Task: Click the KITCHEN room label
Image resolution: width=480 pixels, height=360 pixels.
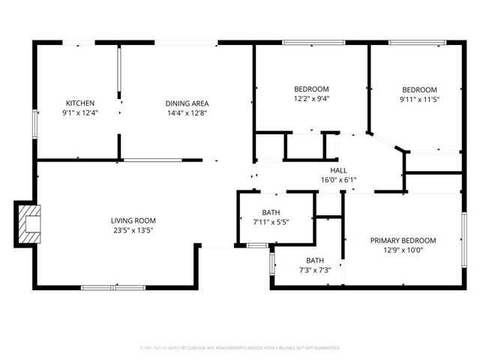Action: pyautogui.click(x=79, y=103)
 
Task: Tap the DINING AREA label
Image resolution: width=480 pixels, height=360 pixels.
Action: pyautogui.click(x=187, y=103)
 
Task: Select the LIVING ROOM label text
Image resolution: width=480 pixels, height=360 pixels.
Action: pyautogui.click(x=133, y=220)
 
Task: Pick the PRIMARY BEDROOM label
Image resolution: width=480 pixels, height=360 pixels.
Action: pyautogui.click(x=403, y=241)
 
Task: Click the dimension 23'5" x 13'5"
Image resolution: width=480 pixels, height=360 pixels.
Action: pyautogui.click(x=133, y=230)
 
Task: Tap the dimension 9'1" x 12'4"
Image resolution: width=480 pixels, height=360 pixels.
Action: pyautogui.click(x=79, y=113)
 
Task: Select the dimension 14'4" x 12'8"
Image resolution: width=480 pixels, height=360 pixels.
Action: pyautogui.click(x=187, y=113)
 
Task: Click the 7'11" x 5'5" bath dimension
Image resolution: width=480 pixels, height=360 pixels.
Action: pyautogui.click(x=271, y=222)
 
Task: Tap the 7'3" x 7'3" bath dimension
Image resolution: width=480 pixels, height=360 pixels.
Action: pyautogui.click(x=314, y=270)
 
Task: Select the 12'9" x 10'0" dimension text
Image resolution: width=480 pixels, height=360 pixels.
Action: pyautogui.click(x=403, y=250)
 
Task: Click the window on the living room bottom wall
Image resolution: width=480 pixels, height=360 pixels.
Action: pyautogui.click(x=113, y=286)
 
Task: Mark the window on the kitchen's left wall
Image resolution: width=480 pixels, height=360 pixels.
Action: pyautogui.click(x=34, y=124)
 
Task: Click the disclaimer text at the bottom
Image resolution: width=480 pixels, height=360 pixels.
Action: pyautogui.click(x=240, y=348)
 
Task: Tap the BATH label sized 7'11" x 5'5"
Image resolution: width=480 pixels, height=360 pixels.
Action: pyautogui.click(x=271, y=212)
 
